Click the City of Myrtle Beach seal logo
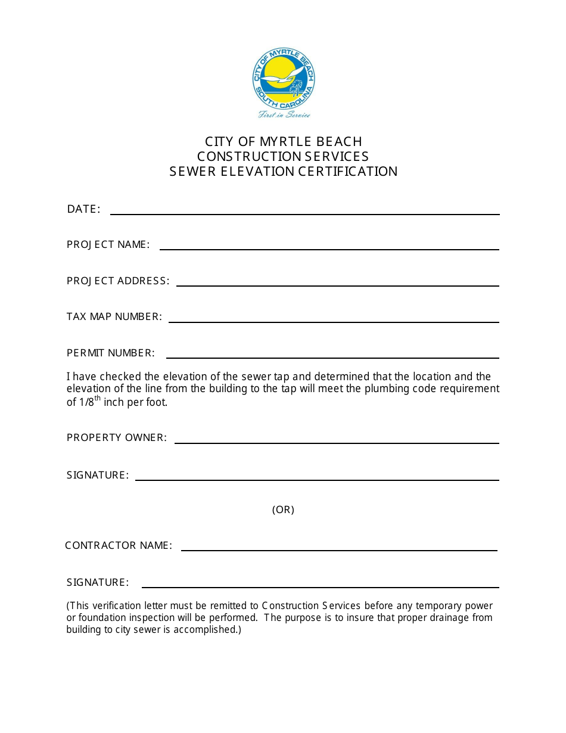pos(284,79)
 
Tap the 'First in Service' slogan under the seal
pos(284,114)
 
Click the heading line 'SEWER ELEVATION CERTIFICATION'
pos(284,172)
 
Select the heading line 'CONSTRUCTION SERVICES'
pos(283,156)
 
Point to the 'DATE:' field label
pos(83,209)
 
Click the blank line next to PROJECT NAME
pos(329,249)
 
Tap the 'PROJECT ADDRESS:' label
pos(118,281)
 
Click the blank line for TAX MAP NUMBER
pos(334,321)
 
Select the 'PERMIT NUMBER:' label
pos(111,353)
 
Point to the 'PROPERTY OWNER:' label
pos(117,437)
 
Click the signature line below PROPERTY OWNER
pos(317,479)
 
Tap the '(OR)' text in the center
pos(284,510)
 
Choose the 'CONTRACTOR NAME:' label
pos(119,545)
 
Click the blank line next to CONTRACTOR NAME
pos(339,549)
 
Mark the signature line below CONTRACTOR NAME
pos(320,586)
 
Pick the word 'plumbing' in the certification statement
pos(368,389)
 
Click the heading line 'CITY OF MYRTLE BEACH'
pos(284,141)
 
